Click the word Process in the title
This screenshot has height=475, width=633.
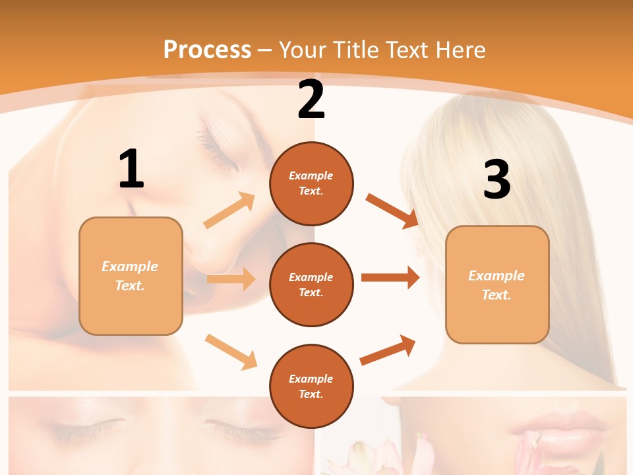coord(207,49)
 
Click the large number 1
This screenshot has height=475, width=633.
coord(131,169)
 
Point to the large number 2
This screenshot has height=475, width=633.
coord(311,100)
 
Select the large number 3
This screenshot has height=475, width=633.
coord(497,179)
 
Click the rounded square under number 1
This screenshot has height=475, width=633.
coord(131,276)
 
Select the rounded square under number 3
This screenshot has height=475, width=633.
coord(497,285)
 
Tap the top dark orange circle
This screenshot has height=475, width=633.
coord(311,183)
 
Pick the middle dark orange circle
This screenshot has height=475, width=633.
coord(311,284)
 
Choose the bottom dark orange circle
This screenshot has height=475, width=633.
coord(311,386)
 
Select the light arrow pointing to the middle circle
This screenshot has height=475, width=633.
coord(231,279)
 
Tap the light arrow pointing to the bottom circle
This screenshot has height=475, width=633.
coord(231,352)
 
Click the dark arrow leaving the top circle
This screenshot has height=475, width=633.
coord(392,211)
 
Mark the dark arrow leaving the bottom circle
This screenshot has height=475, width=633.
coord(388,350)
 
